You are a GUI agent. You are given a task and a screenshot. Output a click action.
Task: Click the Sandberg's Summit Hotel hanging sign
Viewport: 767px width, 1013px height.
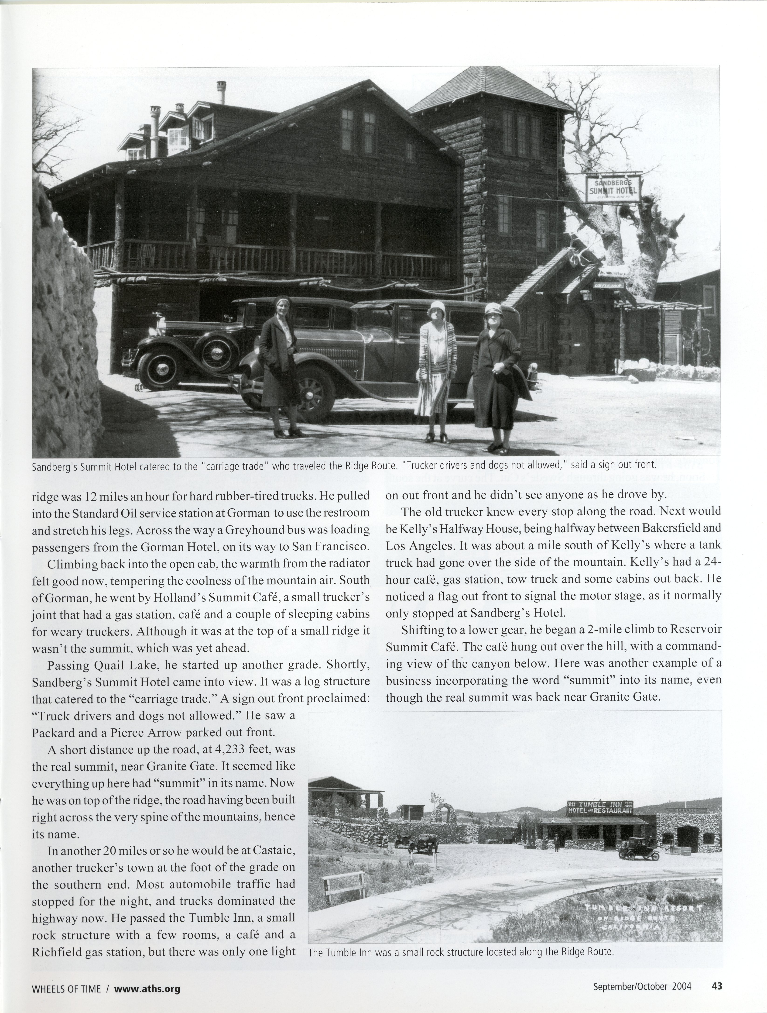coord(613,188)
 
